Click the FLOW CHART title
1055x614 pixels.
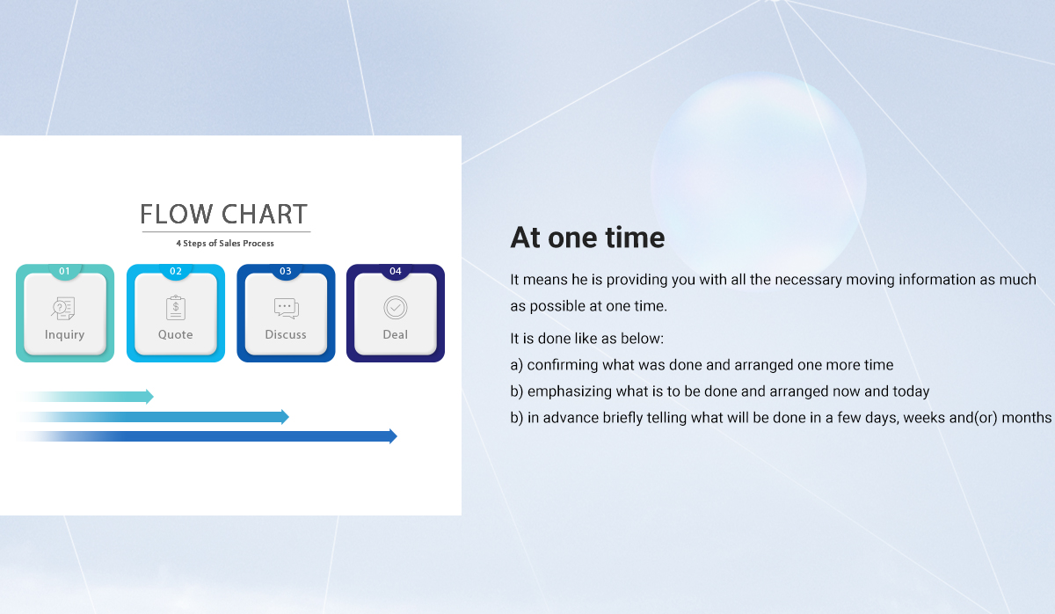(x=224, y=215)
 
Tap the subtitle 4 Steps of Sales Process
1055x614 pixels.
(x=225, y=243)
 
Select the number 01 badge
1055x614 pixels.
(x=64, y=271)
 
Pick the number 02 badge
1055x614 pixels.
(x=176, y=271)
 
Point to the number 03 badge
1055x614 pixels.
(x=286, y=271)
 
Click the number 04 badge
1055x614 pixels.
(x=395, y=271)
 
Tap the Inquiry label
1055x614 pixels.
(x=64, y=334)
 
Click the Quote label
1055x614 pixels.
(x=175, y=334)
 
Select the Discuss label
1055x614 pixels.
(x=286, y=334)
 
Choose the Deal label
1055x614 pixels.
(x=395, y=334)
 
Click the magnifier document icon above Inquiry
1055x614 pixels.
(x=63, y=308)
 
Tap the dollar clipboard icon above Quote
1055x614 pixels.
(x=176, y=308)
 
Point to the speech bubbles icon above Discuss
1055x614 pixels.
(x=286, y=308)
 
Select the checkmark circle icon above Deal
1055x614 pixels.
(x=395, y=308)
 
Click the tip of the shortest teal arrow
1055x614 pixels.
(x=154, y=397)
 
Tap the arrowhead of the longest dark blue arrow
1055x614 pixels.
(x=393, y=436)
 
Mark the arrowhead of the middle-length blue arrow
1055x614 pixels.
(x=285, y=417)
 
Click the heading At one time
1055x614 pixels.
(x=587, y=237)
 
